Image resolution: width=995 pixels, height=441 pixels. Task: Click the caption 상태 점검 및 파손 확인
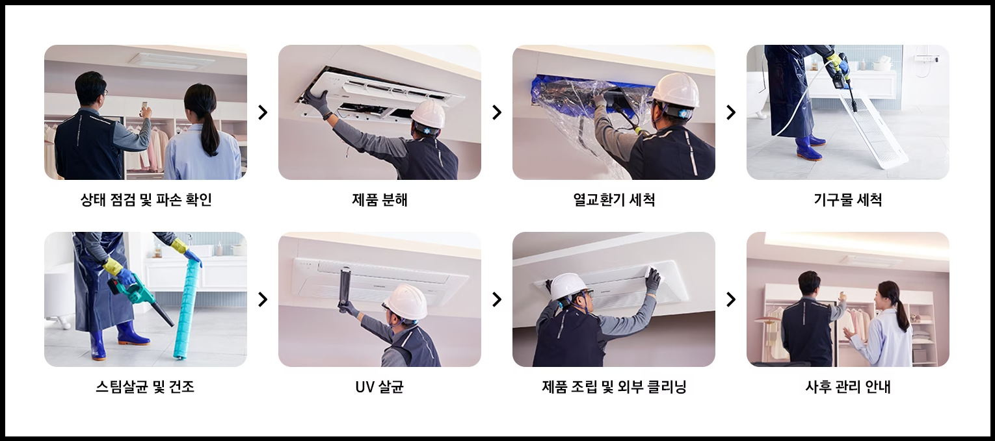(146, 199)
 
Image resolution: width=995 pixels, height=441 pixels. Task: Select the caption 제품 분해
(379, 199)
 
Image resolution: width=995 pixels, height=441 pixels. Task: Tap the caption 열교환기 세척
(614, 199)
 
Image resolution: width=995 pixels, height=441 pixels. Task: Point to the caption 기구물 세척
(847, 199)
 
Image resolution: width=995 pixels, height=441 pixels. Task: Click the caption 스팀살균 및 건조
(145, 387)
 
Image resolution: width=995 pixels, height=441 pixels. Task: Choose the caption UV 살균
(379, 387)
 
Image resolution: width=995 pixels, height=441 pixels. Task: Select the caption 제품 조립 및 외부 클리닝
(614, 387)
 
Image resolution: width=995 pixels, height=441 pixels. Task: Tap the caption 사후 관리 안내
(847, 387)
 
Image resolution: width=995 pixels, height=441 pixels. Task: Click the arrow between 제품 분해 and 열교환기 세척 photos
(497, 112)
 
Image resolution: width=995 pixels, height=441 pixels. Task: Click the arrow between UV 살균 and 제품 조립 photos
(497, 299)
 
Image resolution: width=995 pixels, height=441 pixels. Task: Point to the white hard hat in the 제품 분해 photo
(428, 114)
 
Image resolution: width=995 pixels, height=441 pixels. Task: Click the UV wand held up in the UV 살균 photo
(345, 289)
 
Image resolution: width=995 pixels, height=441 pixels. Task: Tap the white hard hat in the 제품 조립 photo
(568, 286)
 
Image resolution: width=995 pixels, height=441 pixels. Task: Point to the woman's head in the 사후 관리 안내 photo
(886, 295)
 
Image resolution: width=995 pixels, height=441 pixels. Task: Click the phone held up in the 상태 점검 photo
(144, 107)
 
